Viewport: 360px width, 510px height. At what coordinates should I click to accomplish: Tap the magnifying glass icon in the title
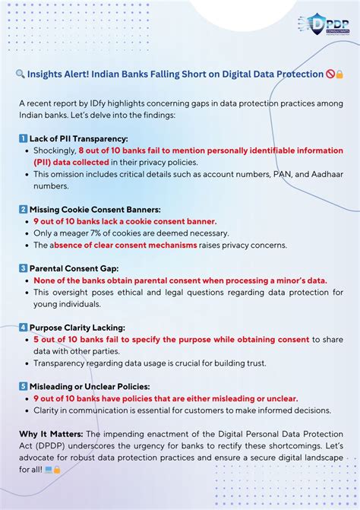(x=21, y=74)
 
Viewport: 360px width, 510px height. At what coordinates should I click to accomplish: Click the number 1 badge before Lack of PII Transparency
(x=23, y=139)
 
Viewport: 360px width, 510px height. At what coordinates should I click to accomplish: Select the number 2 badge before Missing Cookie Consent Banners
(x=23, y=209)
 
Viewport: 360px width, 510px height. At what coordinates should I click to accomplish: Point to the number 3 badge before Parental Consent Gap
(x=23, y=268)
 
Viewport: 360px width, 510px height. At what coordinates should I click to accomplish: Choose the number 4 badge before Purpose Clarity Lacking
(x=23, y=328)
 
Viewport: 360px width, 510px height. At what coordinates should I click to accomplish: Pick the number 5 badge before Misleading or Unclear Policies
(x=23, y=387)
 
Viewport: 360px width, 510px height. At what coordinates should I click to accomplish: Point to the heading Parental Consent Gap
(x=74, y=268)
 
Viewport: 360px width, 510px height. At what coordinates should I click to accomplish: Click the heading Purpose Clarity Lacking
(x=77, y=328)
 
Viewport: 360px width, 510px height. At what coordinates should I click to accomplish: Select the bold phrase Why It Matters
(x=47, y=434)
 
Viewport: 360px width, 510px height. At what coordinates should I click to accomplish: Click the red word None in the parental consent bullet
(x=46, y=280)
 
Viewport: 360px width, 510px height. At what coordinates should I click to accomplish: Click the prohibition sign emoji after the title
(x=330, y=74)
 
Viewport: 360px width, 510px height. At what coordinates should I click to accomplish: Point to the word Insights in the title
(x=49, y=74)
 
